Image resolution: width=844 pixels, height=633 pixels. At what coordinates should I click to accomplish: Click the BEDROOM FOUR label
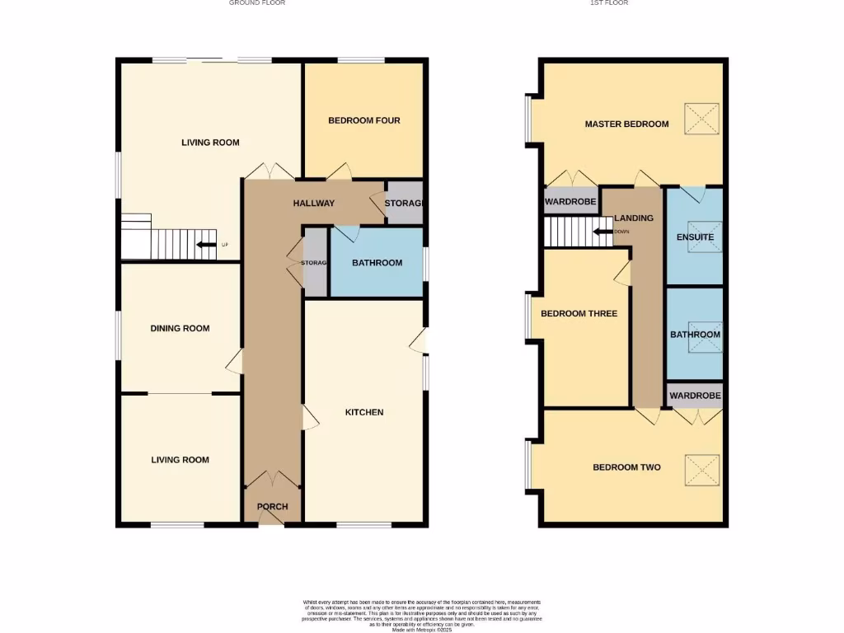pos(363,120)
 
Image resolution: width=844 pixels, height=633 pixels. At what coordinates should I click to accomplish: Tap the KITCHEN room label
pos(363,412)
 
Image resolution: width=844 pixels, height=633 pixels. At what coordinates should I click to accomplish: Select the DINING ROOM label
pos(180,328)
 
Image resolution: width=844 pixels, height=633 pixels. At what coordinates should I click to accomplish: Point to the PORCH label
pos(273,506)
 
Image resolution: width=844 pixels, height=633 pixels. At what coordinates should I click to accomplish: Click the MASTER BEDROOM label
pos(626,124)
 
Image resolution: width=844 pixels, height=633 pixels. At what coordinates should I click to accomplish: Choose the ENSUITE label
pos(695,237)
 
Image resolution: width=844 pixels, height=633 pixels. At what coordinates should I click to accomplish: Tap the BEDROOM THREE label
pos(579,314)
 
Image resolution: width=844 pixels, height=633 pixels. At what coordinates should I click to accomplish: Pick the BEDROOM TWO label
pos(626,467)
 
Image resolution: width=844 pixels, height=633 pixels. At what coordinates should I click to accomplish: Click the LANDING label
pos(634,218)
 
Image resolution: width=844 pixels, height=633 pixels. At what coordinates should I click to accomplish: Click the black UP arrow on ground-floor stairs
pos(204,245)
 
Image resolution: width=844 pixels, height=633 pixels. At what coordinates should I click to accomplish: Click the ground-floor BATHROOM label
pos(377,263)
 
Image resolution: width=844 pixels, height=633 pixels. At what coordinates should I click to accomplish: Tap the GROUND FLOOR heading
pos(257,3)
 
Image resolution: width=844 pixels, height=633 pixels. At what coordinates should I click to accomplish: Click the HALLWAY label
pos(314,203)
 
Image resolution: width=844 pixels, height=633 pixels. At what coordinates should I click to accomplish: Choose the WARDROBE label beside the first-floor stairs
pos(570,202)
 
